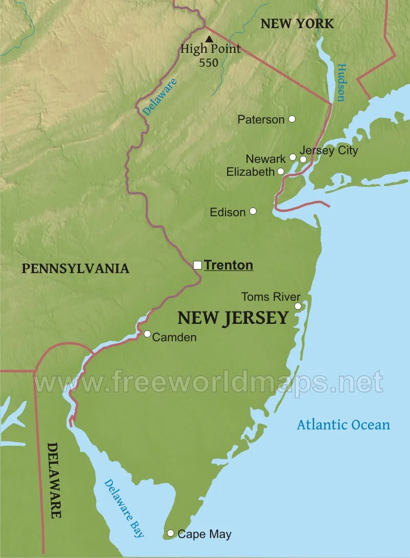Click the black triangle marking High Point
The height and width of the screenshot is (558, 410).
tap(209, 39)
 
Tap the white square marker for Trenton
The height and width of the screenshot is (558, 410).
tap(197, 265)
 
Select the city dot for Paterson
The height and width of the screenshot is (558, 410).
tap(292, 119)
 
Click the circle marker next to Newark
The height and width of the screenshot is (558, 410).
tap(293, 157)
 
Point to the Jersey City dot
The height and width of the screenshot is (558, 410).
tap(303, 159)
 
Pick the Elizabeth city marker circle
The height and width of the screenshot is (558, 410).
tap(281, 171)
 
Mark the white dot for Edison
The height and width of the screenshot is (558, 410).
tap(253, 211)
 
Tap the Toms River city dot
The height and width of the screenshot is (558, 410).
tap(298, 306)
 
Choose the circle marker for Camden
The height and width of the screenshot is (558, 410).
tap(148, 334)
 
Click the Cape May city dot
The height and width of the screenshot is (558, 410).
tap(171, 533)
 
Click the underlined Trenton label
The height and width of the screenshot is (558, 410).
tap(229, 265)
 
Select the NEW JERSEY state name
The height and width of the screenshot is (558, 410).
tap(233, 318)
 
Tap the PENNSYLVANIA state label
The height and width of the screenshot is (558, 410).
tap(75, 268)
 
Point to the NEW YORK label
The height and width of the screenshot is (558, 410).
tap(297, 23)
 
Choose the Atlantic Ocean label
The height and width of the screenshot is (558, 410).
tap(343, 424)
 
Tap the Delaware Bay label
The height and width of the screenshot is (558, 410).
tap(124, 508)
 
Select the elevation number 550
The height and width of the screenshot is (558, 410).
tap(209, 63)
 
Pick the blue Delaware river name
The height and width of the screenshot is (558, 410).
tap(159, 96)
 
